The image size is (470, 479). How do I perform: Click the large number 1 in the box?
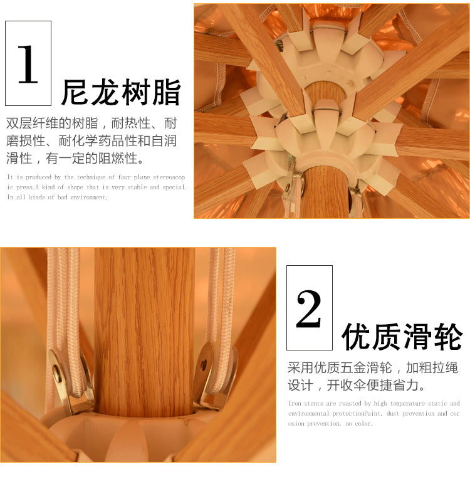click(28, 64)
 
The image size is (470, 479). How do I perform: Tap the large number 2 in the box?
click(309, 309)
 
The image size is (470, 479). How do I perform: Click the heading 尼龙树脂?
click(121, 92)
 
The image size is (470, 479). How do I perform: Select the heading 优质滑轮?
click(402, 337)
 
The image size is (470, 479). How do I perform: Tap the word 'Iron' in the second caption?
click(295, 404)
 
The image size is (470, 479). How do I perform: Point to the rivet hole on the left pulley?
click(57, 372)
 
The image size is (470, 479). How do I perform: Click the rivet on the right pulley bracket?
click(204, 366)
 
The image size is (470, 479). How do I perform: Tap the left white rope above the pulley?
click(63, 300)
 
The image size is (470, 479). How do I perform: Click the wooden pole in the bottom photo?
click(144, 330)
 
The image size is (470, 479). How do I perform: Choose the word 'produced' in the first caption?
click(38, 177)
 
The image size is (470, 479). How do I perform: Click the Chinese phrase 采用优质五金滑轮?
click(340, 367)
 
